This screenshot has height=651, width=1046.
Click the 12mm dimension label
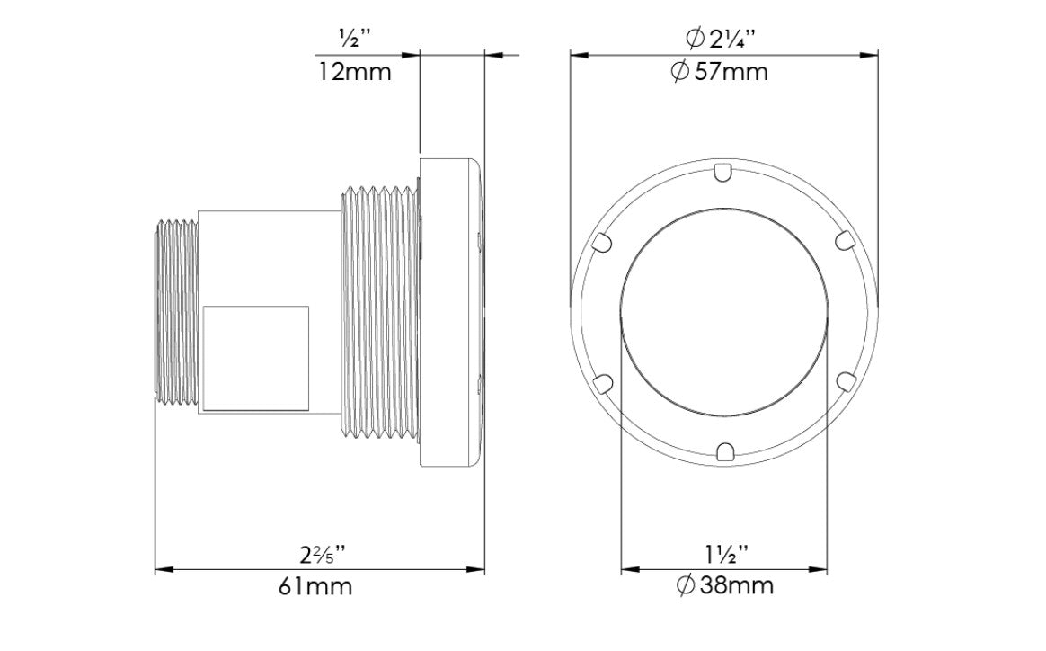355,72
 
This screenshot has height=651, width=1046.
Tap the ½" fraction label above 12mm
354,40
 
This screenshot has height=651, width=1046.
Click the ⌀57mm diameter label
720,72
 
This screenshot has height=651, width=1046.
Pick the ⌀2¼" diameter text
720,40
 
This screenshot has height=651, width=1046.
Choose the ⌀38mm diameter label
724,587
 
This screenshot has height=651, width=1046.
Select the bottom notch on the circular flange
723,450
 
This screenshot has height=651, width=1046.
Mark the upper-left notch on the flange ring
604,241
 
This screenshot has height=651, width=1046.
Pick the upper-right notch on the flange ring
843,240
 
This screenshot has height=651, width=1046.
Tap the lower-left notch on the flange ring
604,382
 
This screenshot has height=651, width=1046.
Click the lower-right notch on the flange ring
843,382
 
